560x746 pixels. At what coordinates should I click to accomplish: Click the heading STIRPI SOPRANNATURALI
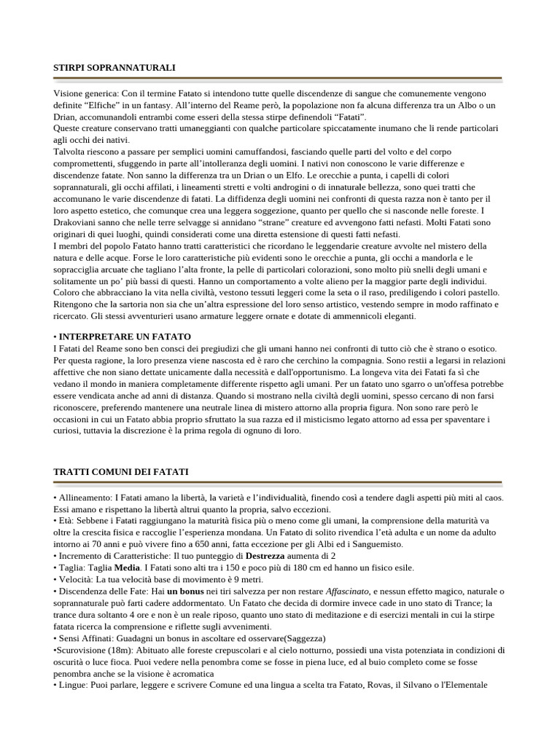point(114,68)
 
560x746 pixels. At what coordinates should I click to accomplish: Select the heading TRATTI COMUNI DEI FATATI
point(121,472)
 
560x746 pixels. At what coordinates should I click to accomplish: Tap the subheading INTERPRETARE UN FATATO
point(125,337)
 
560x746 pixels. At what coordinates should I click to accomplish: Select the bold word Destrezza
point(272,556)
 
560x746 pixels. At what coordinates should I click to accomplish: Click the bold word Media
point(127,568)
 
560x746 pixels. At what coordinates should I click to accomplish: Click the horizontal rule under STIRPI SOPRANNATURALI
point(277,78)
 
